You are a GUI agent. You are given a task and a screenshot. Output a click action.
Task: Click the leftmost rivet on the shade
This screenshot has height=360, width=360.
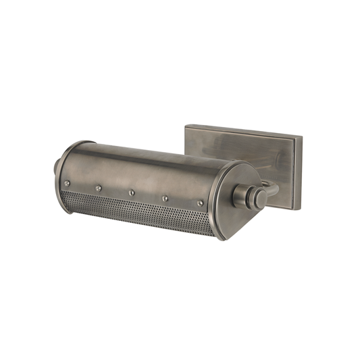pyautogui.click(x=66, y=183)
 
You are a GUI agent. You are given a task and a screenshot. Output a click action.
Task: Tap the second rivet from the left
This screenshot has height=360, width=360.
pyautogui.click(x=99, y=188)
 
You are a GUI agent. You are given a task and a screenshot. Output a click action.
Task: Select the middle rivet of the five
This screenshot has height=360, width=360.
pyautogui.click(x=131, y=192)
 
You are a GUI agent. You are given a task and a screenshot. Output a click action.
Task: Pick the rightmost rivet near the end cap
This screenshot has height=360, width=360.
pyautogui.click(x=200, y=203)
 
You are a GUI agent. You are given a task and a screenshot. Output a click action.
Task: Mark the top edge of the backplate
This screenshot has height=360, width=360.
pyautogui.click(x=243, y=130)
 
